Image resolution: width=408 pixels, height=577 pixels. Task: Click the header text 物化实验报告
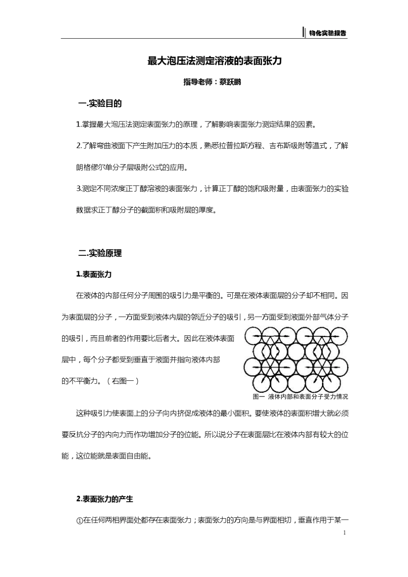(328, 33)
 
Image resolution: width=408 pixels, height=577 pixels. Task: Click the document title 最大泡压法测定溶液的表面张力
(214, 61)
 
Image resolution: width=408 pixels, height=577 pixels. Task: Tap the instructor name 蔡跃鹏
(230, 82)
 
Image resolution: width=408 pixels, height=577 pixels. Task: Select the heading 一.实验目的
(100, 103)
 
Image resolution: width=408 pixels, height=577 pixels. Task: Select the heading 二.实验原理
(100, 253)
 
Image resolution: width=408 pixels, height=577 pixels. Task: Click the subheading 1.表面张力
(94, 274)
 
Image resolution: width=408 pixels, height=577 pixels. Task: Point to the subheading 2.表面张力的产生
(105, 499)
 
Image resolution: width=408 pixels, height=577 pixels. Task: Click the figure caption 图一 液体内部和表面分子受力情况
(300, 397)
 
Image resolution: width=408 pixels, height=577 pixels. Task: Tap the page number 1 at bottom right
(344, 533)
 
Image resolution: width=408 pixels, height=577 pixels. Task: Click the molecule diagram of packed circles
(296, 359)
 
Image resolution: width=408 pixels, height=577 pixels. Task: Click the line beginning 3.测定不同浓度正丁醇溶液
(212, 189)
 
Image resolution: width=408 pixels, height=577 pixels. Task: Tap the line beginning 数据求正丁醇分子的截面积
(146, 210)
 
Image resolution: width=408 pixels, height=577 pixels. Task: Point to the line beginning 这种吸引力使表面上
(212, 413)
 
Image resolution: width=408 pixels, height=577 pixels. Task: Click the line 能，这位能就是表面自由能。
(107, 456)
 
